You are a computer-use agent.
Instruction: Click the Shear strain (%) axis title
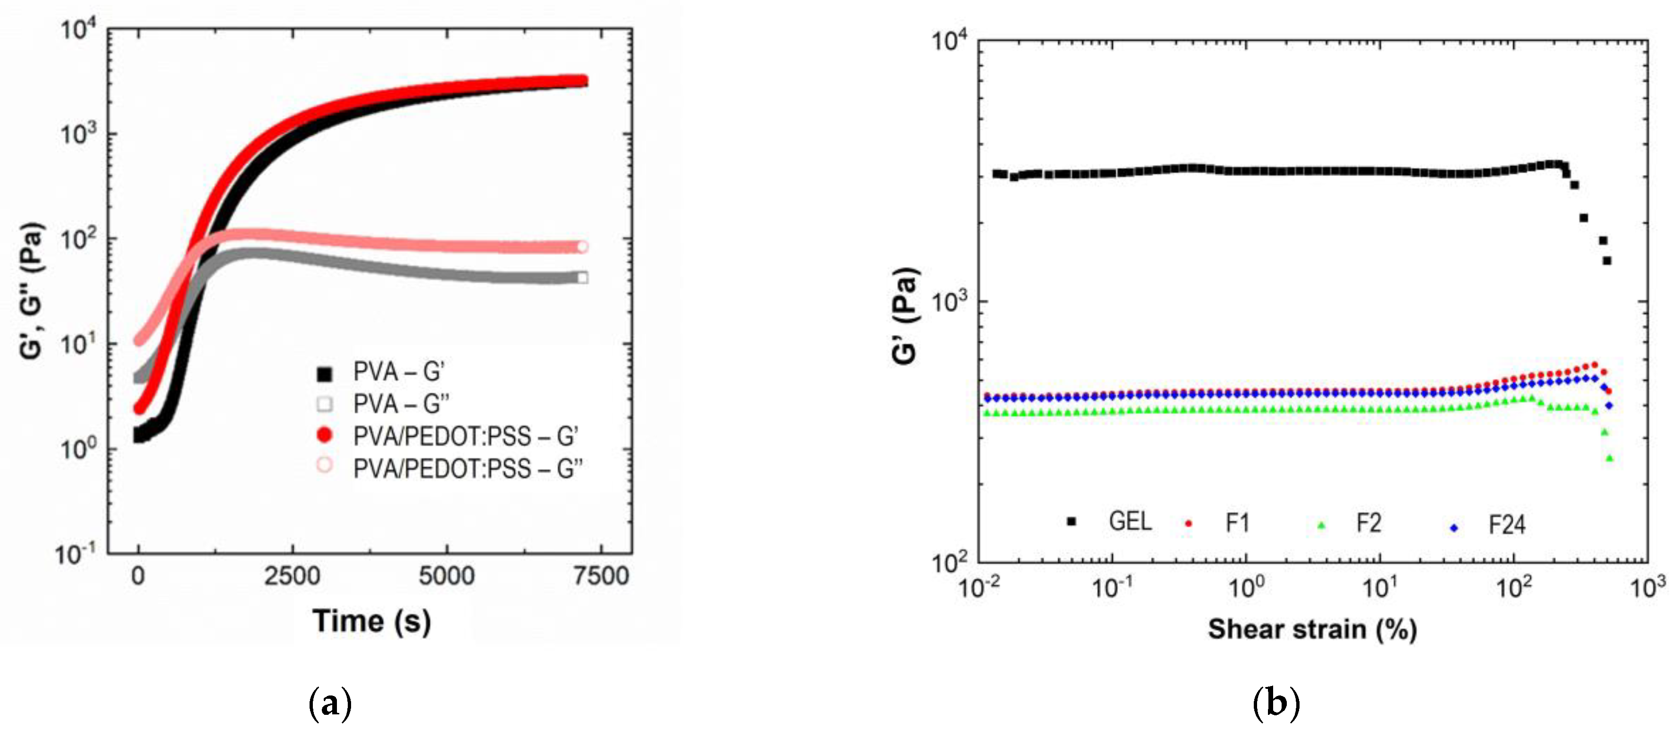[x=1312, y=629]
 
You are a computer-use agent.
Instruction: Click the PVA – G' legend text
[x=399, y=372]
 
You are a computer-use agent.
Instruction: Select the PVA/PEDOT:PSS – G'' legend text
[x=468, y=469]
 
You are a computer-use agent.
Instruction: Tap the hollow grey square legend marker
[x=324, y=404]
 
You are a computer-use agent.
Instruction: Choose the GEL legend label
[x=1130, y=521]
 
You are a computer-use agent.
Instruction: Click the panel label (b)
[x=1276, y=704]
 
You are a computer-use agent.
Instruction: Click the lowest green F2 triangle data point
[x=1610, y=458]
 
